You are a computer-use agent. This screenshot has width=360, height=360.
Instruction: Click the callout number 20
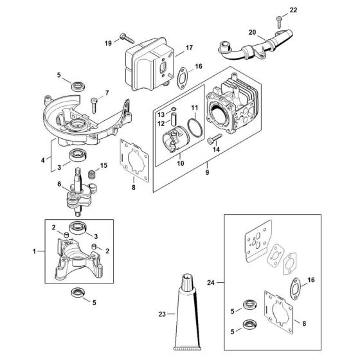pos(252,32)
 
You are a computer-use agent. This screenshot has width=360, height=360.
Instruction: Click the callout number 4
pos(43,159)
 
